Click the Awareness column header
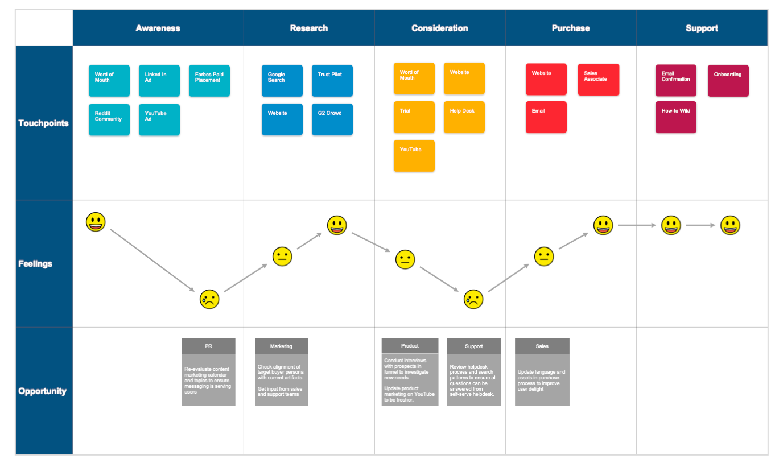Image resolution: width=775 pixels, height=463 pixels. pyautogui.click(x=158, y=28)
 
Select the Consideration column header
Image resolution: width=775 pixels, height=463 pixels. pyautogui.click(x=439, y=28)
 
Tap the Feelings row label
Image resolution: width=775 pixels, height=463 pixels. pyautogui.click(x=35, y=263)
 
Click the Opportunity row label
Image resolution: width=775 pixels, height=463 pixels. pyautogui.click(x=42, y=391)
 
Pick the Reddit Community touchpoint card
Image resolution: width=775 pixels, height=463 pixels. pyautogui.click(x=109, y=119)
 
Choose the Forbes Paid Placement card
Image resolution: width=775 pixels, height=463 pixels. pyautogui.click(x=209, y=81)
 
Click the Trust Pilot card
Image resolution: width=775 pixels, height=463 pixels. pyautogui.click(x=332, y=81)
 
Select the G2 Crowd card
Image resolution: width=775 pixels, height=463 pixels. pyautogui.click(x=332, y=119)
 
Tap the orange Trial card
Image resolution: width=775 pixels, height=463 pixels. pyautogui.click(x=414, y=117)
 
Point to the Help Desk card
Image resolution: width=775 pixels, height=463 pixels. pyautogui.click(x=464, y=117)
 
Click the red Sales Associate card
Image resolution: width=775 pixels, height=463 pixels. pyautogui.click(x=599, y=80)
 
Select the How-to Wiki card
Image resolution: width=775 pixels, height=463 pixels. pyautogui.click(x=676, y=117)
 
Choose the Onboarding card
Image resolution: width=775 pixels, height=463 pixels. pyautogui.click(x=728, y=81)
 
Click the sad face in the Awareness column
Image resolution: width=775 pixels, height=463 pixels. pyautogui.click(x=209, y=299)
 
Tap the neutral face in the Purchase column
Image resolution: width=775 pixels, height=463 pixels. pyautogui.click(x=544, y=257)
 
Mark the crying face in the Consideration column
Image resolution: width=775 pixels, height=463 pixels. pyautogui.click(x=473, y=299)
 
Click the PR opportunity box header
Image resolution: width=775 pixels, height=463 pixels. pyautogui.click(x=208, y=346)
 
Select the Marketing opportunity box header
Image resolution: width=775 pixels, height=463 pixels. pyautogui.click(x=281, y=346)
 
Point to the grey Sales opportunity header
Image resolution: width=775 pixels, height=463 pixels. pyautogui.click(x=542, y=346)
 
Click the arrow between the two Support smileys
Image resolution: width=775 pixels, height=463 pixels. pyautogui.click(x=700, y=226)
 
